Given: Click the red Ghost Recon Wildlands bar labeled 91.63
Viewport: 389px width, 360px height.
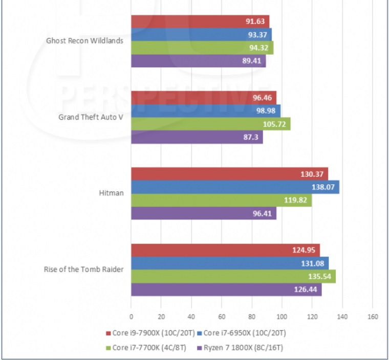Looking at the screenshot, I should click(x=200, y=21).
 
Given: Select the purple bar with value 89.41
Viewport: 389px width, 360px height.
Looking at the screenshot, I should click(x=198, y=61).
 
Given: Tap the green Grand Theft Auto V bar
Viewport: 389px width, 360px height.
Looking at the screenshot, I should click(x=210, y=124).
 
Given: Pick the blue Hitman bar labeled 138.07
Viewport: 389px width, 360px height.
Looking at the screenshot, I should click(x=235, y=187).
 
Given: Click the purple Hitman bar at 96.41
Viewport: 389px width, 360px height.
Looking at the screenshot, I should click(x=203, y=213).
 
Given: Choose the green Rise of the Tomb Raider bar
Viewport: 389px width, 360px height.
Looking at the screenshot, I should click(x=233, y=277).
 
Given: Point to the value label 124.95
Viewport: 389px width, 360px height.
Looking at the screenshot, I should click(x=305, y=251).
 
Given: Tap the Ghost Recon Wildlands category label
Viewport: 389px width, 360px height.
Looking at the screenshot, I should click(x=84, y=41).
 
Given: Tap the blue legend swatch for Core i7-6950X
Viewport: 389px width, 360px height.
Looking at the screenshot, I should click(x=199, y=333).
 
